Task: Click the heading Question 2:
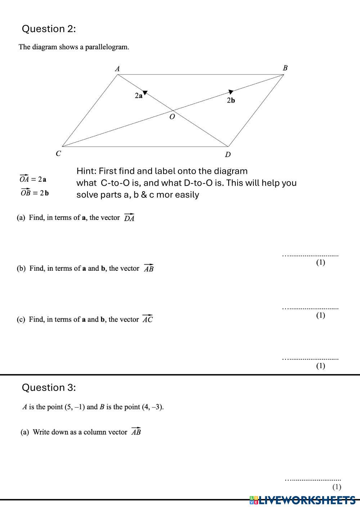click(x=49, y=29)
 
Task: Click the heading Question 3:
click(x=49, y=387)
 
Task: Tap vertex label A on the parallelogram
click(x=117, y=68)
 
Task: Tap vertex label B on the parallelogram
click(x=285, y=68)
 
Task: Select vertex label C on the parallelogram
click(x=58, y=153)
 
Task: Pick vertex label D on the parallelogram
click(x=228, y=154)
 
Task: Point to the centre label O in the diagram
click(x=172, y=117)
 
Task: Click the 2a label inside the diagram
click(x=139, y=96)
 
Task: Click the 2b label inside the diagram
click(x=231, y=100)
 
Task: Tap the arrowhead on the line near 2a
click(x=145, y=93)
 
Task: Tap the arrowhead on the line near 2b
click(x=231, y=92)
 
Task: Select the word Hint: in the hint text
click(x=86, y=171)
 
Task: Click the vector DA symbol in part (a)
click(x=129, y=217)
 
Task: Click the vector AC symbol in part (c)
click(x=147, y=319)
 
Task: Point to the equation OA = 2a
click(x=33, y=179)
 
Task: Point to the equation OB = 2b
click(x=35, y=192)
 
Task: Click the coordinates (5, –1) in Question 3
click(x=75, y=407)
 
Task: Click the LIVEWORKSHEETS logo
click(x=302, y=500)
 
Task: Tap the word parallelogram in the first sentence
click(x=107, y=47)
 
